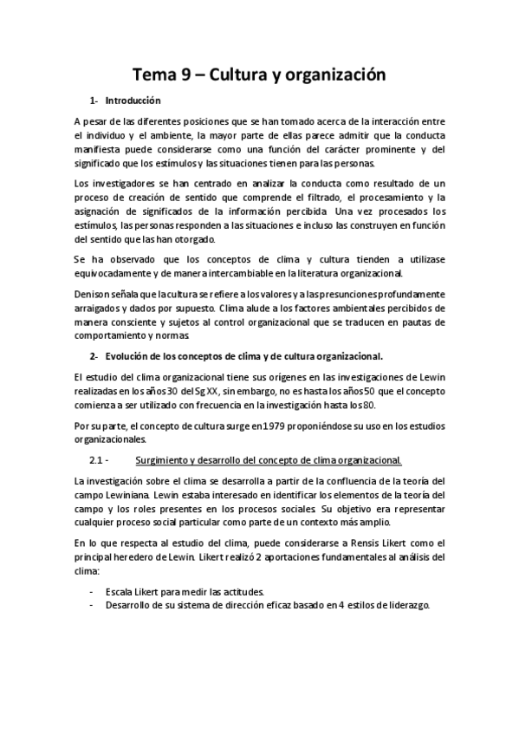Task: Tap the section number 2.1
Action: (96, 459)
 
